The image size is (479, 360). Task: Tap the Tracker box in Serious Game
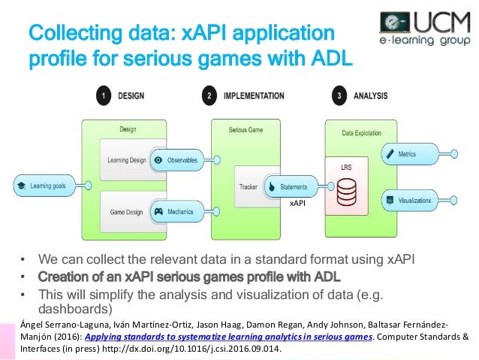[x=249, y=186]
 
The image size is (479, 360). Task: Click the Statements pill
[x=291, y=186]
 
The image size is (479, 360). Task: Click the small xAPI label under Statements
[x=297, y=204]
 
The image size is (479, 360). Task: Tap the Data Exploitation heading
[x=357, y=132]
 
